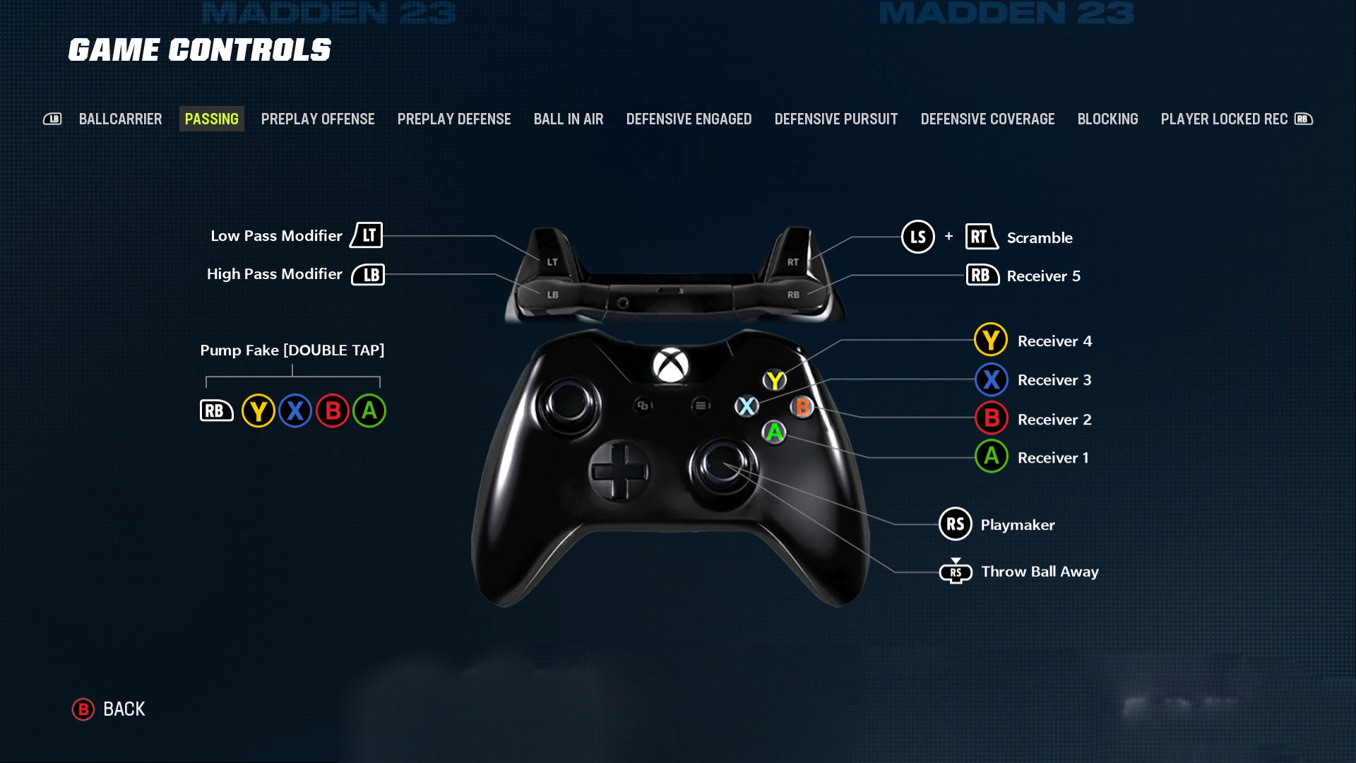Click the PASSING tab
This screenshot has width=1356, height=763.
[211, 119]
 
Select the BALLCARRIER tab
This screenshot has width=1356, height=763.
[120, 119]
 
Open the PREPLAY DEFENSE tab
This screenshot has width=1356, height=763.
[453, 119]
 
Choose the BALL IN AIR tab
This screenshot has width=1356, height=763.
[568, 119]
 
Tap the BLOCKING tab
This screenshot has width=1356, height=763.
[1107, 119]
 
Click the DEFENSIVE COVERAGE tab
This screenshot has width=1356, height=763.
[987, 119]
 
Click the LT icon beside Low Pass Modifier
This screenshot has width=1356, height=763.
[367, 235]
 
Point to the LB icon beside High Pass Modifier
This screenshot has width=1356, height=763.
[369, 274]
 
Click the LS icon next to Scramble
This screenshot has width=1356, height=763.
[917, 237]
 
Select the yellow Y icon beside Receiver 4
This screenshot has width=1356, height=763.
[991, 340]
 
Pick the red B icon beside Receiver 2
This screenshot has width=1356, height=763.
[991, 418]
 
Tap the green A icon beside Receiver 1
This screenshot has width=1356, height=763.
[991, 456]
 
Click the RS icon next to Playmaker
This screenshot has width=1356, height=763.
[955, 524]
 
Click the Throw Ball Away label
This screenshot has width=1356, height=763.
[1040, 572]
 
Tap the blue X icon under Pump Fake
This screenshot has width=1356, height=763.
[295, 410]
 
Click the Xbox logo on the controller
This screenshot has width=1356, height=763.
[670, 365]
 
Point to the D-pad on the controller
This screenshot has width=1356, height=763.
[619, 471]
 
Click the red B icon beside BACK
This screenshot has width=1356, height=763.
[83, 709]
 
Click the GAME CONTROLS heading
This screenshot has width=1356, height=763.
[200, 50]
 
